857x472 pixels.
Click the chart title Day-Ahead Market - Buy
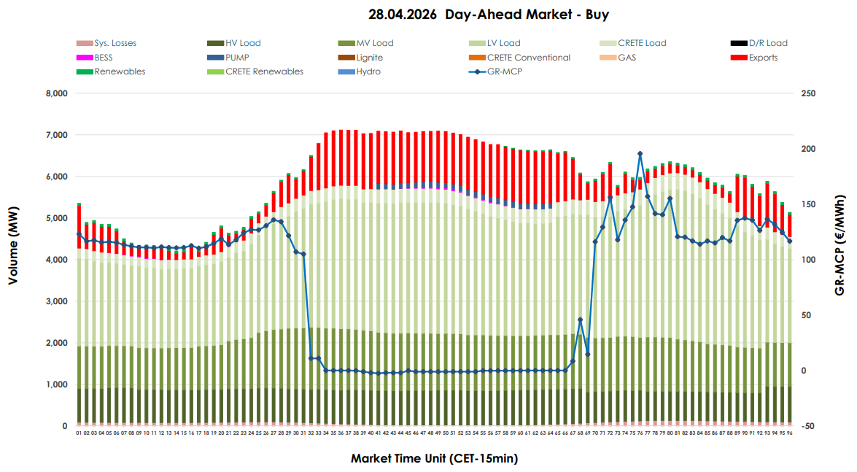point(489,14)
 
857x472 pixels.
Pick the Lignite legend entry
point(370,58)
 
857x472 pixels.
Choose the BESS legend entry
point(104,58)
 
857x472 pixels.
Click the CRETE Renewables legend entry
point(264,71)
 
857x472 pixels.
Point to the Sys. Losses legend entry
point(115,43)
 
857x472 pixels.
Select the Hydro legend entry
point(368,71)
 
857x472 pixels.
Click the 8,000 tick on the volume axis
point(55,94)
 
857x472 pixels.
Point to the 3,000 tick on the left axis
point(55,302)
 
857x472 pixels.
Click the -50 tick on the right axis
point(808,427)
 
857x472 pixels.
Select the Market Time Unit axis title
point(434,459)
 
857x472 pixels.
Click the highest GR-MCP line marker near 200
point(640,154)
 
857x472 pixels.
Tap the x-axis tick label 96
point(789,433)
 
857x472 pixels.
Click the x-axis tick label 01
point(79,433)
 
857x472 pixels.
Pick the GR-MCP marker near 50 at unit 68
point(580,320)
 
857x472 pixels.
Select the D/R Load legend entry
point(768,43)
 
